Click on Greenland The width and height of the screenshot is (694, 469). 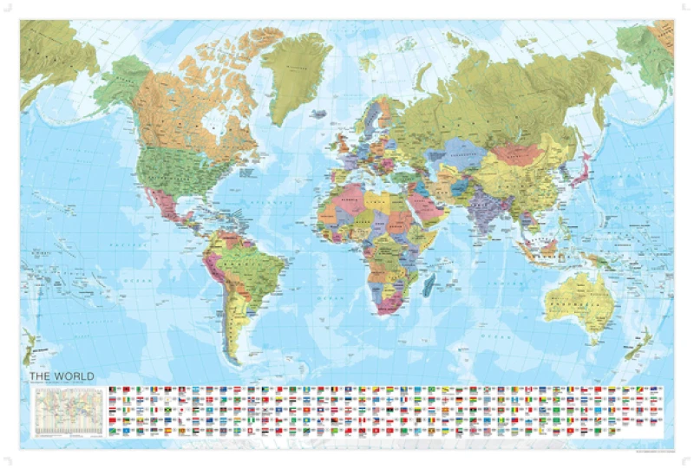click(x=295, y=74)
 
